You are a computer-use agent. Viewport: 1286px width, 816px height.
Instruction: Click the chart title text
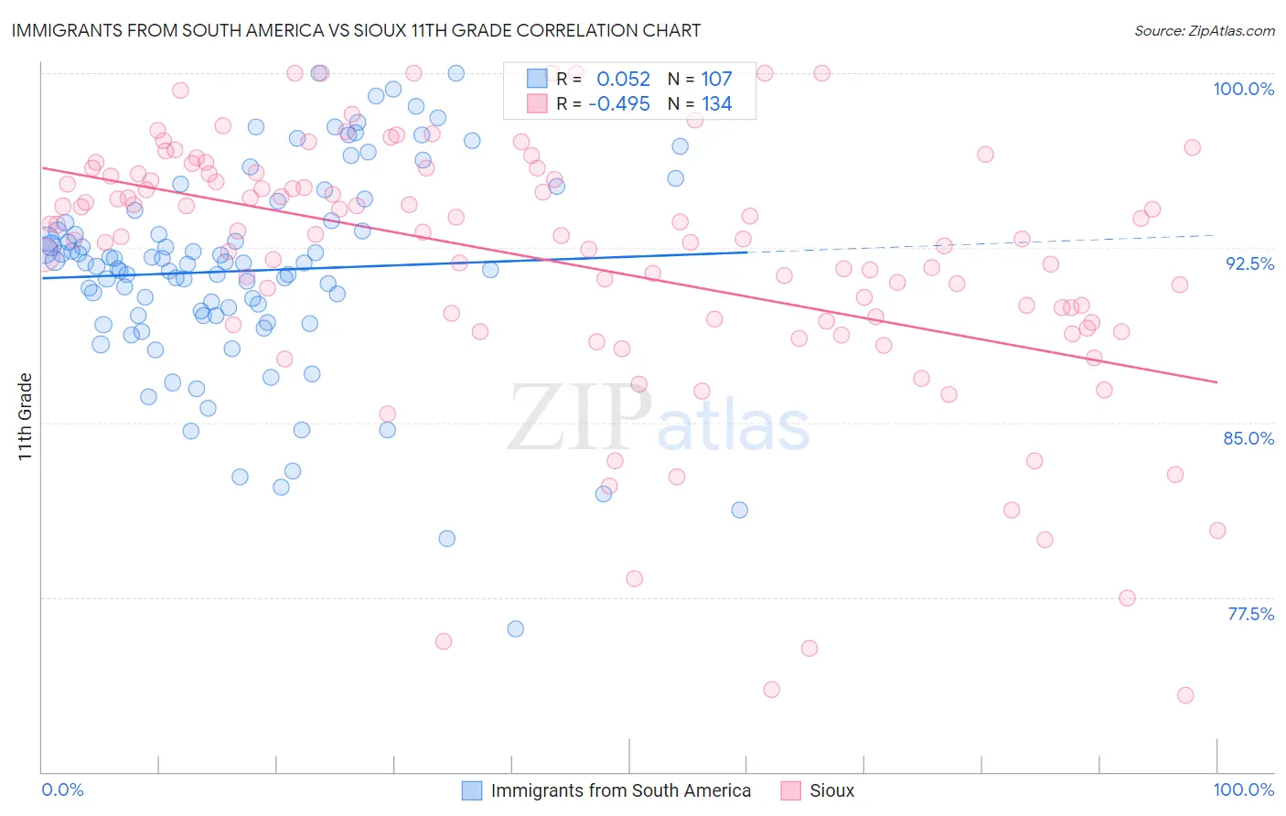[x=356, y=30]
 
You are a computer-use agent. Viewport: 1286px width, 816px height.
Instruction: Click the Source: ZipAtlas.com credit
[x=1204, y=30]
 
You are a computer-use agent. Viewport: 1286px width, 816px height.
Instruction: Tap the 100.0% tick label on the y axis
[x=1243, y=89]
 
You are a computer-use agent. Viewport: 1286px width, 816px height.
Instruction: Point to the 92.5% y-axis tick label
[x=1249, y=263]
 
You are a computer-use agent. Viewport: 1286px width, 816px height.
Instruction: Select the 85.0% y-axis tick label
[x=1248, y=438]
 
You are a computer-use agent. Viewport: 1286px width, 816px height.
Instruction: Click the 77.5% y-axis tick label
[x=1250, y=614]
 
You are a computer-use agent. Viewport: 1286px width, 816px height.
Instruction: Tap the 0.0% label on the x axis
[x=62, y=789]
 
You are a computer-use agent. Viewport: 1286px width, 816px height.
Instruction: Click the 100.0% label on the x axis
[x=1243, y=789]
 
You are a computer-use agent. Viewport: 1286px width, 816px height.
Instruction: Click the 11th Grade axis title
[x=26, y=416]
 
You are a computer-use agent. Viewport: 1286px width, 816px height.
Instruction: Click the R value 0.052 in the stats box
[x=623, y=80]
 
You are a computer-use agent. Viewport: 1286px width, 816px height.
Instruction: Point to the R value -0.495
[x=619, y=104]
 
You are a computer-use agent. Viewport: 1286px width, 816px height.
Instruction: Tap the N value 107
[x=716, y=80]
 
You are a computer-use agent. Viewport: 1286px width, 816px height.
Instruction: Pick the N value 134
[x=716, y=104]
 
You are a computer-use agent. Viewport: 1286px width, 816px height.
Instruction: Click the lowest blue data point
[x=515, y=628]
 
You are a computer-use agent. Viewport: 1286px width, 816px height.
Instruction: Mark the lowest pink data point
[x=1185, y=695]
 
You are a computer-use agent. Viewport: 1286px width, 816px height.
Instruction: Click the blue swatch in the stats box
[x=537, y=79]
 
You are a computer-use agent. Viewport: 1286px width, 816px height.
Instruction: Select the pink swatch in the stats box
[x=537, y=103]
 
